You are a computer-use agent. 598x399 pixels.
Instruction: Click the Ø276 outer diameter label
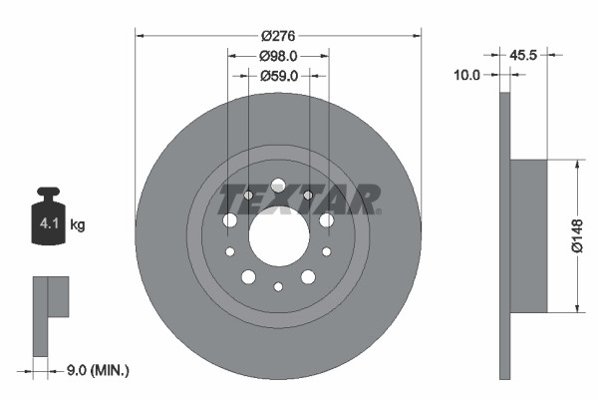(279, 35)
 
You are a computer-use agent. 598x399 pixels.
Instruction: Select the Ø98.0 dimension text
(279, 55)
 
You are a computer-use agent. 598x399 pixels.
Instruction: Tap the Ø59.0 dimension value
(279, 75)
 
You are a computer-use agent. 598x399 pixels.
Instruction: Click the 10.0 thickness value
(467, 74)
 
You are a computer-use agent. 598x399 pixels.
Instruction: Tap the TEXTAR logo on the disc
(299, 199)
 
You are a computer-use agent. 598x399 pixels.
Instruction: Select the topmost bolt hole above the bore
(278, 184)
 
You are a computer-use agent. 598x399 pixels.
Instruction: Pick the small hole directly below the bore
(278, 287)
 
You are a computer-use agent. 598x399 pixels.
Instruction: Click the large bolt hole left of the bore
(231, 219)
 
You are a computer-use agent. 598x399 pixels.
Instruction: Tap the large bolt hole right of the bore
(326, 219)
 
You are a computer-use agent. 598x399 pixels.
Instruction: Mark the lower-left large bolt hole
(249, 276)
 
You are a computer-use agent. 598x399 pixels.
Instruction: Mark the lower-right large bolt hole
(308, 276)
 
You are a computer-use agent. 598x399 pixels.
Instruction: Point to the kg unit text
(78, 225)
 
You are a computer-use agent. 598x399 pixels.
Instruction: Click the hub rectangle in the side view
(529, 235)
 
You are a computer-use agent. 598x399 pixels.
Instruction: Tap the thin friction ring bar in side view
(505, 235)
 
